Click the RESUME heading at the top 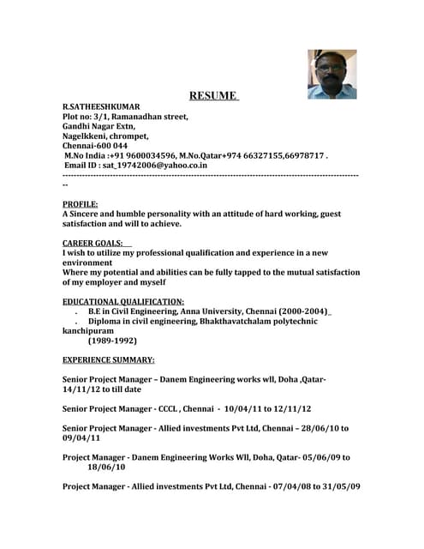[213, 95]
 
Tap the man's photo [331, 74]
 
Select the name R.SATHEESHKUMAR [100, 106]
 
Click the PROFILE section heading [80, 204]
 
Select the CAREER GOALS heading [93, 243]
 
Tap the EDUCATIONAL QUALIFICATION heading [123, 301]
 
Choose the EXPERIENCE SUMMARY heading [109, 359]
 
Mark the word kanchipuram [93, 330]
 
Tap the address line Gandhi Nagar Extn [99, 126]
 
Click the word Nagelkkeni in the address [85, 136]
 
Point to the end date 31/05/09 [340, 486]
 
